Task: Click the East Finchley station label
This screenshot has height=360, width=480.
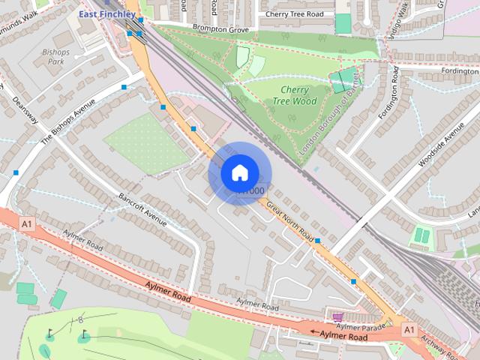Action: (107, 13)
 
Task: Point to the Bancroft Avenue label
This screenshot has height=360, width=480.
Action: (142, 208)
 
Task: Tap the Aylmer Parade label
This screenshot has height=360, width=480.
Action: (360, 326)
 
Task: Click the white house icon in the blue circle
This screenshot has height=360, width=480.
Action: (239, 173)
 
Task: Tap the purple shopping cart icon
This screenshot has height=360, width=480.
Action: (337, 317)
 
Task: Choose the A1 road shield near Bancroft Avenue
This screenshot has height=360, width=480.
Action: (28, 223)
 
